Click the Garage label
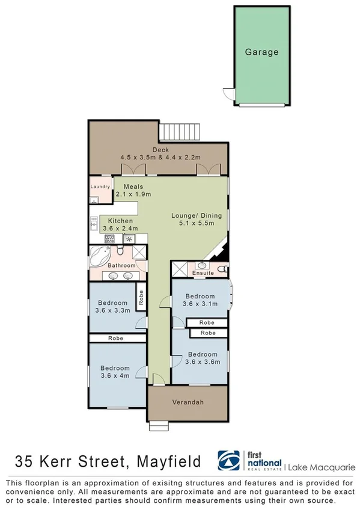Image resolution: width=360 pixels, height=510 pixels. coord(261,52)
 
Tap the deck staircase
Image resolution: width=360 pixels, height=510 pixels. coord(177,131)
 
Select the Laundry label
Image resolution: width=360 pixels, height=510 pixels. coord(100,187)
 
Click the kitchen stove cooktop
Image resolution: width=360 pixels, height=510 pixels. coord(110,239)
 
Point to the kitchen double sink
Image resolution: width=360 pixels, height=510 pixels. coord(94,223)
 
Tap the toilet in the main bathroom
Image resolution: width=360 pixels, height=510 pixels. coord(121,251)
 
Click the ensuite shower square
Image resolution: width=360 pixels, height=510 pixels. coord(179,269)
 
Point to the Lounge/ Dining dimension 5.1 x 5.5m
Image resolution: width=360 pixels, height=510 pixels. coord(197,224)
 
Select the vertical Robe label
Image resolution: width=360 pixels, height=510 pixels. coord(141,298)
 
